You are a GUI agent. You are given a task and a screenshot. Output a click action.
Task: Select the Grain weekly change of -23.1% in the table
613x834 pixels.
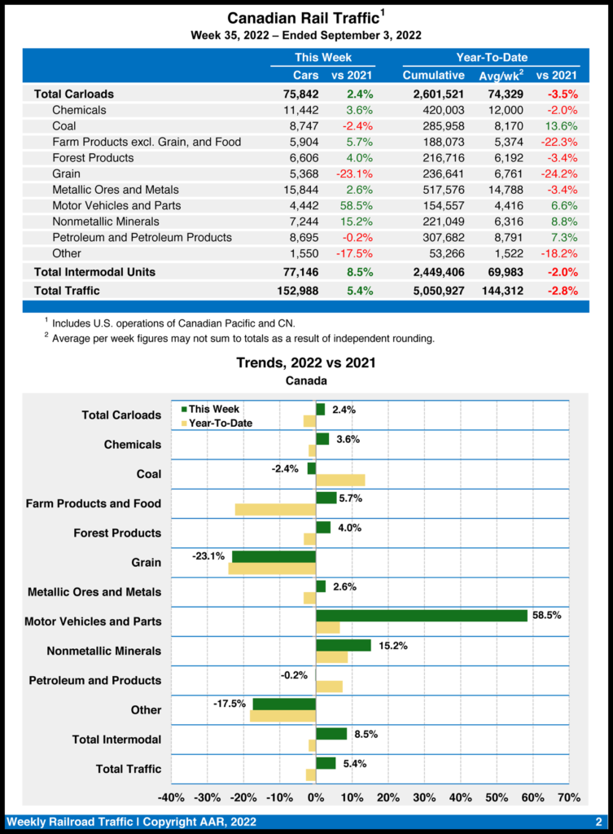point(354,173)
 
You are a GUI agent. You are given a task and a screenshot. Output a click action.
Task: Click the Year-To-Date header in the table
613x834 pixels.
point(491,57)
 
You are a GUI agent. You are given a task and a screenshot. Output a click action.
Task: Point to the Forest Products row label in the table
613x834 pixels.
point(92,158)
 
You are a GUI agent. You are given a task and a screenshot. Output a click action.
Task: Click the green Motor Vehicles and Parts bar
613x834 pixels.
point(422,616)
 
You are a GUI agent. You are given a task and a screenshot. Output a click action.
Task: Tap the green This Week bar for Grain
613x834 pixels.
point(274,556)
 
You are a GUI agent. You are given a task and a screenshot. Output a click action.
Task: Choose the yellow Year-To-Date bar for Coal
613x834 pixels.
point(340,480)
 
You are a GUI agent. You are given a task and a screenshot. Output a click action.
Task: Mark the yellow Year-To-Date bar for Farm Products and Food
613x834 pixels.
point(275,509)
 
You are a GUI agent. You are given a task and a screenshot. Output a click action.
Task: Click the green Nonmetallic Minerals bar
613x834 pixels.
point(344,645)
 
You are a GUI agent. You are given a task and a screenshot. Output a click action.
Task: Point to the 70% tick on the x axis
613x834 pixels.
point(569,797)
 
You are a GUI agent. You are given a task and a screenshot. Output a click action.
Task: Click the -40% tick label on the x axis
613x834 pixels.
point(171,797)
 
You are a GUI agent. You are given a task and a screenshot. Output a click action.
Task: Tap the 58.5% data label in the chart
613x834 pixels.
point(547,616)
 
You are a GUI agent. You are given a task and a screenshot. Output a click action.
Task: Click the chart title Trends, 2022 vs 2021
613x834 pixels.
point(305,362)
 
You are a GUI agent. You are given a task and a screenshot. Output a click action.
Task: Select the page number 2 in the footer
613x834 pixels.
point(598,821)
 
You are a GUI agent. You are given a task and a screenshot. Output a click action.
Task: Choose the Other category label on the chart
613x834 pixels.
point(146,710)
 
